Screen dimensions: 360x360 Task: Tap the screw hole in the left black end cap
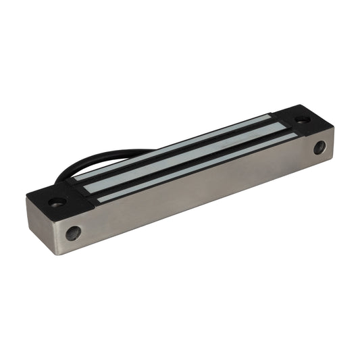pyautogui.click(x=58, y=201)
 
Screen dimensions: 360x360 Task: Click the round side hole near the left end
pyautogui.click(x=73, y=234)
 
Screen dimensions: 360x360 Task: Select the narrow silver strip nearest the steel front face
pyautogui.click(x=196, y=169)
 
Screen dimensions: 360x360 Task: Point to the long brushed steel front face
pyautogui.click(x=203, y=196)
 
